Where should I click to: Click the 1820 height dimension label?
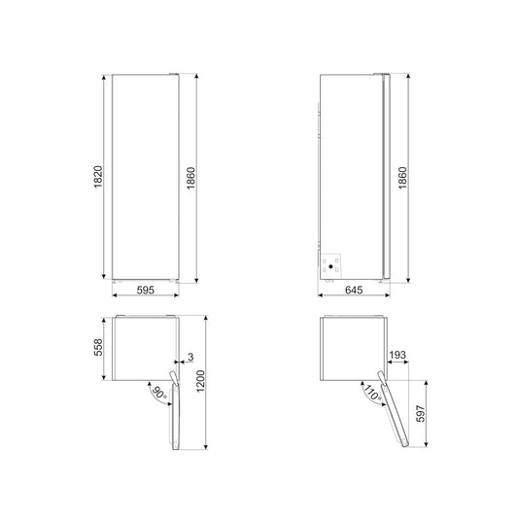click(x=98, y=177)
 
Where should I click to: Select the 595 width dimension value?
click(x=146, y=290)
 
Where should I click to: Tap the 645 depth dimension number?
click(x=354, y=290)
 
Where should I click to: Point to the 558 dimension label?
click(x=98, y=347)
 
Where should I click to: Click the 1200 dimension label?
click(x=200, y=381)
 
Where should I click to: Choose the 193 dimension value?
click(x=397, y=355)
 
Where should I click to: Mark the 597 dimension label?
click(x=421, y=413)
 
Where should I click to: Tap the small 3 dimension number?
click(x=190, y=357)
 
